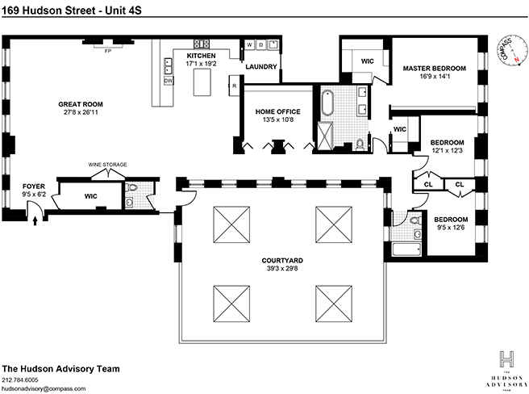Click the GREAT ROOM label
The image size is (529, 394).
pos(81,104)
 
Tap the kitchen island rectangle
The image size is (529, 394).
pos(202,82)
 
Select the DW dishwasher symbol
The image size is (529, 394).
pos(169,81)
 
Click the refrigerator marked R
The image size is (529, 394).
pos(234,86)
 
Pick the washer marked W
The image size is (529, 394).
pos(249,44)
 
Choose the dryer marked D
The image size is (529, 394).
pos(261,44)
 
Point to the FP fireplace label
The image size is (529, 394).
pos(108,51)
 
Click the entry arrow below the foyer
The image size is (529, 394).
pos(35,221)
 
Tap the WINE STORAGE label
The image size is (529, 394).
pos(107,165)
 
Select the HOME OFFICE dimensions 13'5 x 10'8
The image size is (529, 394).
pos(277,119)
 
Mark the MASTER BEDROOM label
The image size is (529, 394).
pos(435,69)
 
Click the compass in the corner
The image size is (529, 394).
pos(513,50)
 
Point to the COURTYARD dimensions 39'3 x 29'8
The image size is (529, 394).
pos(282,269)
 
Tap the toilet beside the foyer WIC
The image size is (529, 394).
pos(131,187)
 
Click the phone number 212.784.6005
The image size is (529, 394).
pos(20,379)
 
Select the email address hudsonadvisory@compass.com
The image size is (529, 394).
pos(44,388)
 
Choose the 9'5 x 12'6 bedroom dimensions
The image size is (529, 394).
pos(451,228)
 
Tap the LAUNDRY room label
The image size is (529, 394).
pos(261,66)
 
